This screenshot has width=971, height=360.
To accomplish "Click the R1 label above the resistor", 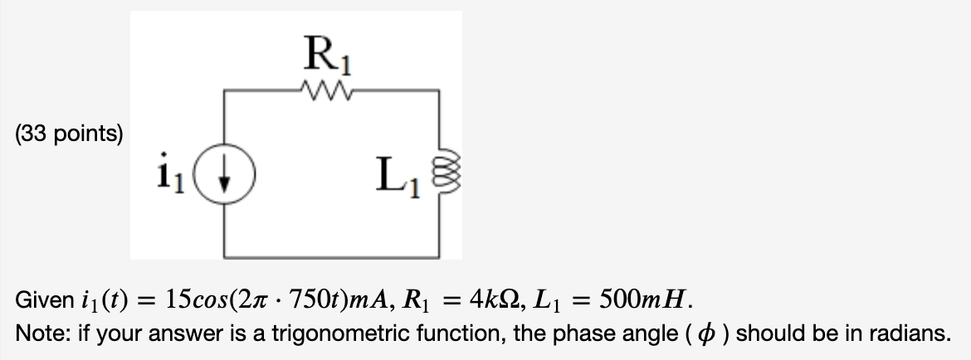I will pos(330,58).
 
